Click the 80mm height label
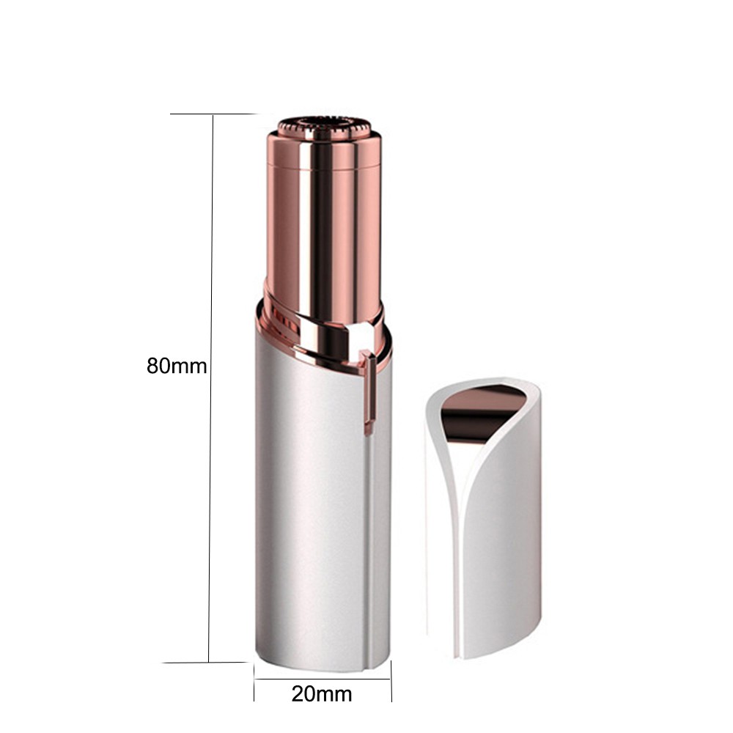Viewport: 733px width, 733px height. [x=177, y=366]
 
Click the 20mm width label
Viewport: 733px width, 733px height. [x=322, y=694]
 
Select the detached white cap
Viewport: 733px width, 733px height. [x=483, y=517]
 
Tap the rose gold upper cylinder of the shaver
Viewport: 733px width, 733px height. [x=324, y=224]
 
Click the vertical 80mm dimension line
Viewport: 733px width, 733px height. [x=211, y=388]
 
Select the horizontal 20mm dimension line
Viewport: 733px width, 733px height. [x=323, y=679]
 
